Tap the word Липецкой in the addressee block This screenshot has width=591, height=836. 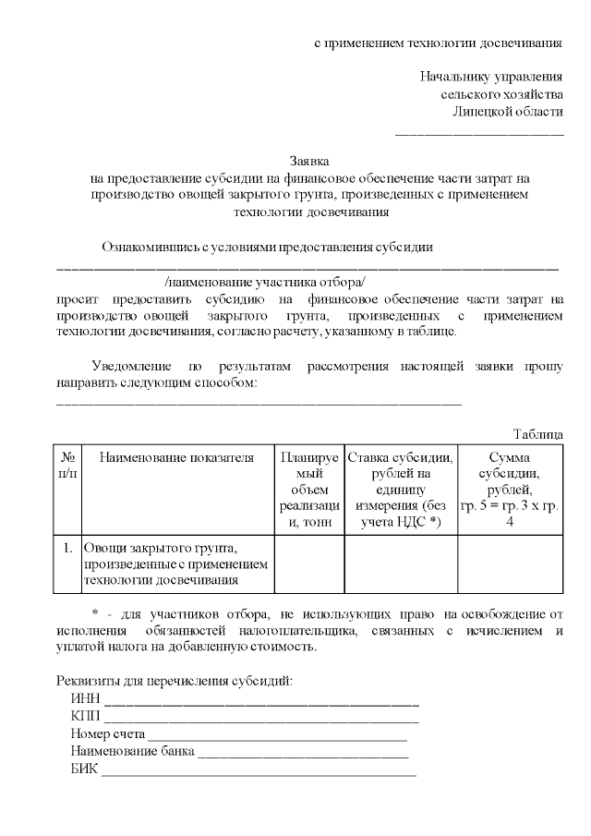click(x=481, y=112)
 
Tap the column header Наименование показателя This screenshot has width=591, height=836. click(x=176, y=457)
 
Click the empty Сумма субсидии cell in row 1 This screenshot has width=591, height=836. click(x=510, y=563)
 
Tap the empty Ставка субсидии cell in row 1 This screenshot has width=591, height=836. click(x=400, y=563)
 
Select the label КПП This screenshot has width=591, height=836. click(x=86, y=716)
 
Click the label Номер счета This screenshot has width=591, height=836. click(x=107, y=733)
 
